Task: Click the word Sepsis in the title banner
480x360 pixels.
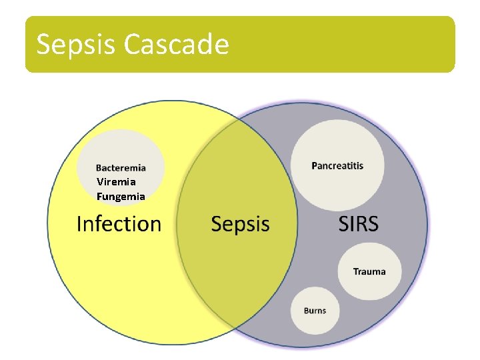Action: (x=77, y=45)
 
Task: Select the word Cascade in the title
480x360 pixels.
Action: (x=177, y=45)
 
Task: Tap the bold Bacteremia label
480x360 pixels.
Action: (x=121, y=168)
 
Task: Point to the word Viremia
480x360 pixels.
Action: (x=116, y=181)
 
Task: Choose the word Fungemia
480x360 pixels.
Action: (x=121, y=197)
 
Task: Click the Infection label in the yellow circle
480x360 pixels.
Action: (x=119, y=224)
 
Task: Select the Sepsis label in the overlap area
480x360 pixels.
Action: (x=240, y=225)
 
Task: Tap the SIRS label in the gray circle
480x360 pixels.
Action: (x=358, y=224)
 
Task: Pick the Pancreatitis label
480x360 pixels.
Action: (x=337, y=165)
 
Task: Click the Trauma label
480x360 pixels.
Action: (x=369, y=271)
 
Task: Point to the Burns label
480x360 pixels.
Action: (x=315, y=311)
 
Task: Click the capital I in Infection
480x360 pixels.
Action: (x=79, y=224)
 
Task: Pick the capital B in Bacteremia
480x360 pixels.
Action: (x=99, y=168)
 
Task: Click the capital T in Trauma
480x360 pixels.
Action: (x=356, y=271)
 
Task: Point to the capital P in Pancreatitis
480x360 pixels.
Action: (x=315, y=165)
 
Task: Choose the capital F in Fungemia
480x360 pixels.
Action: (x=99, y=197)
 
